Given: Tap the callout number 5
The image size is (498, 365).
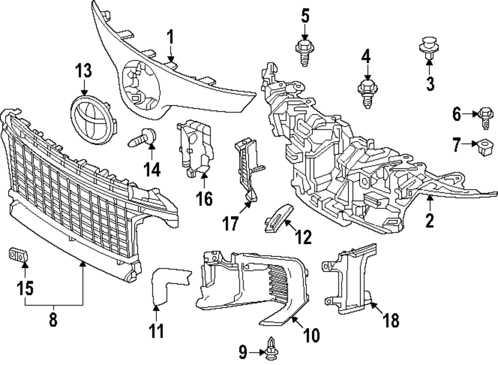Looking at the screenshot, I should (305, 16).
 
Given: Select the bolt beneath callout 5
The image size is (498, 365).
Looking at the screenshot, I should (303, 52).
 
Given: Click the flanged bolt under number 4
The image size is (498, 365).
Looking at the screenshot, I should (367, 92).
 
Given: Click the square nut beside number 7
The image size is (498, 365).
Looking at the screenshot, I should (483, 147).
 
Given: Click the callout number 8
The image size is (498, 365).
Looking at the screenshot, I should (53, 320).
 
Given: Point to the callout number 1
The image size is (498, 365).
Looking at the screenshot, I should (170, 36).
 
